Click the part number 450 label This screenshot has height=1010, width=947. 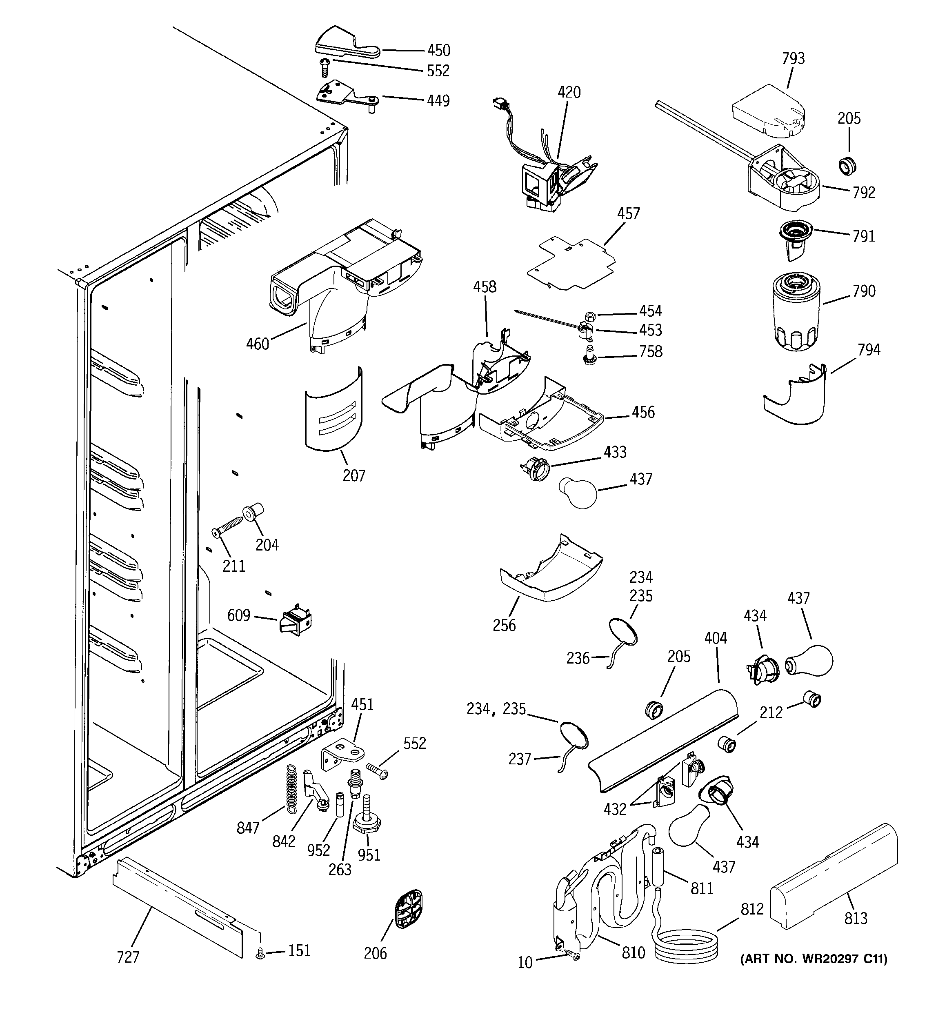(x=438, y=50)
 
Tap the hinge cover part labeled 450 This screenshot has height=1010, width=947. (x=338, y=43)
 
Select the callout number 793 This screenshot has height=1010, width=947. (x=793, y=59)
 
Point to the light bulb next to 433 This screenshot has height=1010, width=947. (x=578, y=491)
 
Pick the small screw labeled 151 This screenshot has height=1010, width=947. (x=260, y=954)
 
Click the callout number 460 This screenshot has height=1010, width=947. (x=257, y=344)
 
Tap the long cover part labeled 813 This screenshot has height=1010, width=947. (x=834, y=883)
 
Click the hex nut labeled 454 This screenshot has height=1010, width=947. (x=590, y=316)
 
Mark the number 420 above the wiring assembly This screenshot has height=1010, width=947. (x=569, y=93)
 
